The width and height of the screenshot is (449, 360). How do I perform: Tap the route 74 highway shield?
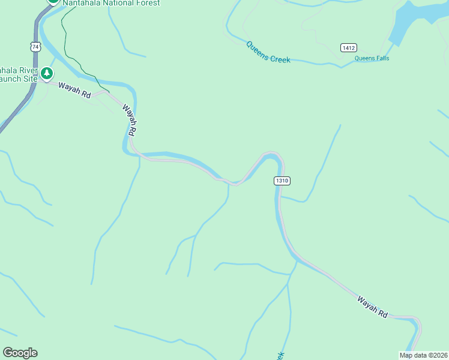point(36,46)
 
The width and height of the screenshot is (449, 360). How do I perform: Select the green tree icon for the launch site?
point(47,74)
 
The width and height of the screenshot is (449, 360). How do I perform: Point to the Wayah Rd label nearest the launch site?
point(74,91)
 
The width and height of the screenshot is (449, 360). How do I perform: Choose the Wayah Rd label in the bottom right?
point(372,307)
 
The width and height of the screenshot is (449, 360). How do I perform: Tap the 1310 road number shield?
point(282,181)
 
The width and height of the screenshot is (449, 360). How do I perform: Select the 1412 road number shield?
point(348,47)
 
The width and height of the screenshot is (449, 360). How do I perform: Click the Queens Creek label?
point(268,52)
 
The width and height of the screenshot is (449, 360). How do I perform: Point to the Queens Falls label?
point(372,58)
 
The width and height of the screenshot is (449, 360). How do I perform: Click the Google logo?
point(20,353)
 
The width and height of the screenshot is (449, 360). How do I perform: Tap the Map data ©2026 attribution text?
point(424,355)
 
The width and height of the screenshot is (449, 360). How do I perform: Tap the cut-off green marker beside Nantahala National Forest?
point(53,1)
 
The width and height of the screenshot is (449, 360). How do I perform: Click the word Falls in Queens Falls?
point(381,58)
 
